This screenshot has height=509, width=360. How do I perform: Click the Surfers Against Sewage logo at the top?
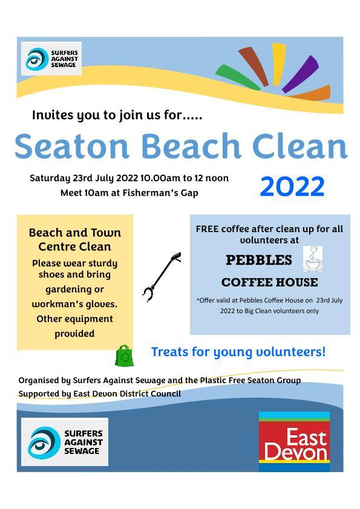click(x=51, y=59)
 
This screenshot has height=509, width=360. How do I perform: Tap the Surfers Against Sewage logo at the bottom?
click(x=65, y=442)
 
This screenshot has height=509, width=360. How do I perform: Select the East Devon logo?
click(x=294, y=442)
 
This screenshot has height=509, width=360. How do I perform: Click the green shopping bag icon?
click(x=125, y=356)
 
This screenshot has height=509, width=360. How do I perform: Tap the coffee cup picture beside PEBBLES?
click(x=312, y=259)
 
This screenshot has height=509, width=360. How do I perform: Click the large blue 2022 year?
click(x=292, y=187)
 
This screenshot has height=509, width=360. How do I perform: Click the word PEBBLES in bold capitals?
click(x=258, y=260)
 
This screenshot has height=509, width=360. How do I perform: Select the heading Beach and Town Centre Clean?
click(x=75, y=239)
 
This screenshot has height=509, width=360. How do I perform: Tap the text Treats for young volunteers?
click(x=238, y=351)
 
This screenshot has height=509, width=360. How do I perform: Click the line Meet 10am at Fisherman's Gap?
click(x=129, y=193)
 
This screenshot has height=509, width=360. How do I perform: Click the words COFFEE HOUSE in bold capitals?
click(x=269, y=282)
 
